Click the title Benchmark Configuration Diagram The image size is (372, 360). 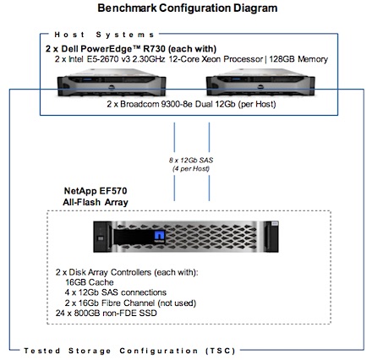pyautogui.click(x=188, y=8)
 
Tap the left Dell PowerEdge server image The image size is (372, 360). pyautogui.click(x=112, y=83)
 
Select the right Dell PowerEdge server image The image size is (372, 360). pyautogui.click(x=260, y=83)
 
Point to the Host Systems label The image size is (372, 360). pyautogui.click(x=104, y=35)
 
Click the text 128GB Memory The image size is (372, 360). pyautogui.click(x=298, y=59)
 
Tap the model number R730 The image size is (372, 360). pyautogui.click(x=154, y=49)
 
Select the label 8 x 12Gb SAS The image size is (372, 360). pyautogui.click(x=191, y=161)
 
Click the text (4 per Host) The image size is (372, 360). pyautogui.click(x=191, y=169)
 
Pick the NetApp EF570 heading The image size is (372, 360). pyautogui.click(x=96, y=191)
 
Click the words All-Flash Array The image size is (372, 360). pyautogui.click(x=96, y=202)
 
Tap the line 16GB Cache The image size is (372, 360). pyautogui.click(x=90, y=282)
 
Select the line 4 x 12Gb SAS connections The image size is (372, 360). pyautogui.click(x=116, y=292)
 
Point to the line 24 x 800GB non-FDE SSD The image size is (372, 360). pyautogui.click(x=107, y=313)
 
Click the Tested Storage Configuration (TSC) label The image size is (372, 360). pyautogui.click(x=129, y=351)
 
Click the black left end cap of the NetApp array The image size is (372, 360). pyautogui.click(x=103, y=237)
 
